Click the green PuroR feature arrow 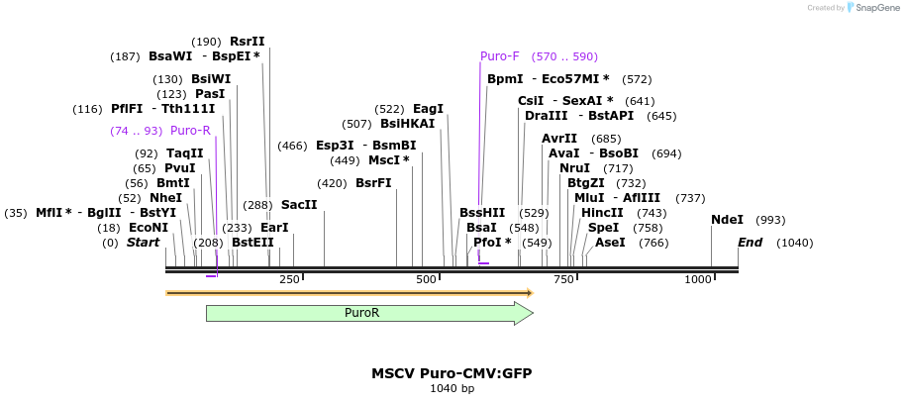pos(368,313)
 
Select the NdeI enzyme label pos(727,220)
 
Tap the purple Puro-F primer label pos(499,56)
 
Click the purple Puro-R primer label pos(190,131)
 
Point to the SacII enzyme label pos(299,205)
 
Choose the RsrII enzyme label pos(247,42)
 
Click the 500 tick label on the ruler pos(427,280)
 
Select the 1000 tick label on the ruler pos(698,280)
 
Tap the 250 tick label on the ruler pos(289,280)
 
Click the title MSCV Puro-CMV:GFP pos(452,373)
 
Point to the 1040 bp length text pos(452,389)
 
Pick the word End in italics pos(751,243)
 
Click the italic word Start pos(144,243)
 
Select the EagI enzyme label pos(428,109)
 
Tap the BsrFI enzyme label pos(373,183)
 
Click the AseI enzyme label pos(610,243)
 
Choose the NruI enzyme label pos(574,168)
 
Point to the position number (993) pos(770,220)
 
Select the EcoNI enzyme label pos(149,228)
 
